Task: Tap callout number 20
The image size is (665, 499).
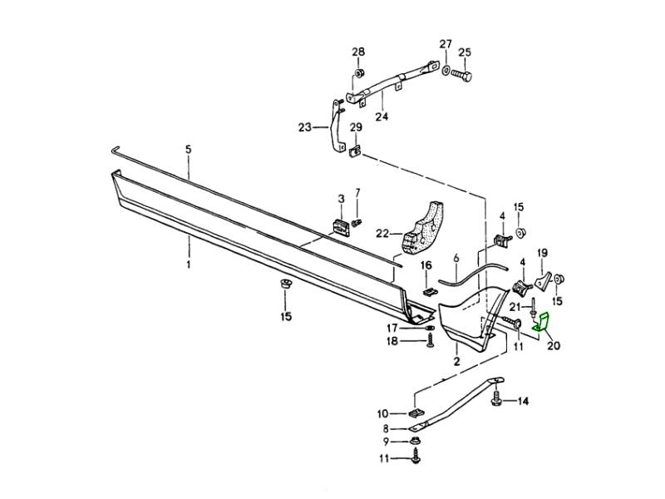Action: click(x=554, y=345)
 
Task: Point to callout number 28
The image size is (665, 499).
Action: click(x=358, y=52)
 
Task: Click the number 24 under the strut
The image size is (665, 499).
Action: click(x=382, y=116)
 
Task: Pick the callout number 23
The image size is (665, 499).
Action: click(x=304, y=127)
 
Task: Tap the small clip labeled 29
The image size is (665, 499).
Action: click(x=356, y=151)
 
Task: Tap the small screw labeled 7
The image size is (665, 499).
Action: click(x=357, y=223)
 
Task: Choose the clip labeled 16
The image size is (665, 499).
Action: click(x=425, y=291)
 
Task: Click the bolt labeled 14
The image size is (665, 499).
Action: click(x=496, y=401)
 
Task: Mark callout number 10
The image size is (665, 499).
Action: click(x=383, y=413)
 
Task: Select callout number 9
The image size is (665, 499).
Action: click(x=384, y=441)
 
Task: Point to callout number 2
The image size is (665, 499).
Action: click(x=456, y=363)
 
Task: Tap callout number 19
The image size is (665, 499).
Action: click(x=542, y=253)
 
